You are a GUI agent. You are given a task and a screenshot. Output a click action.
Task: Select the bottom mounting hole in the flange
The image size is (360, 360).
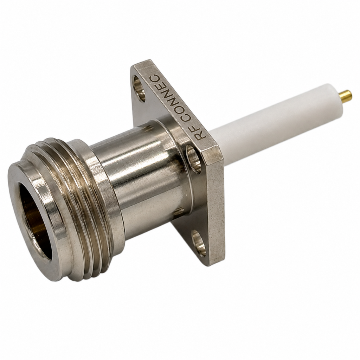(x=199, y=243)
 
